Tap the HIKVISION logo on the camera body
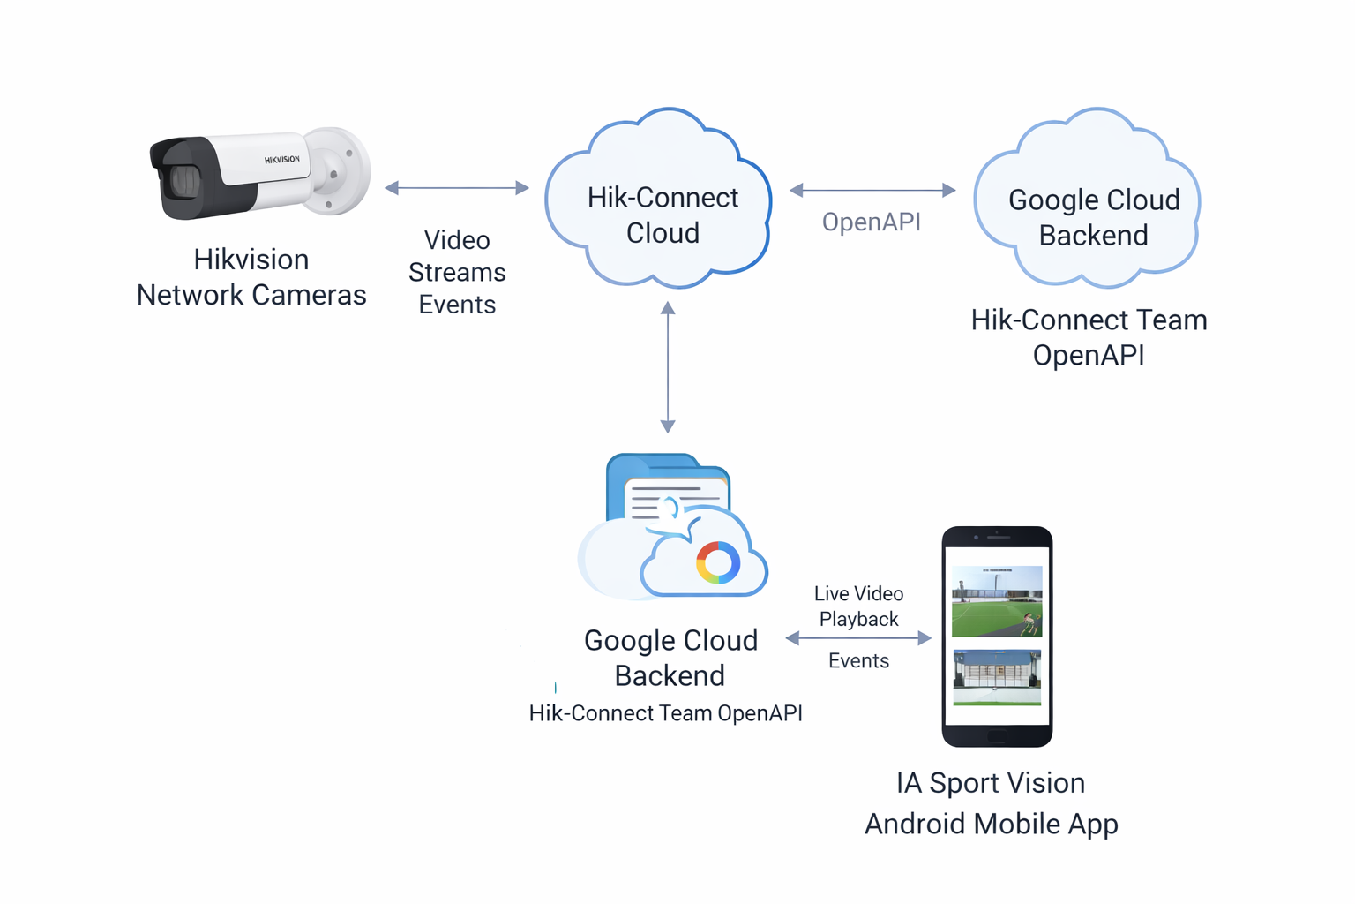(281, 160)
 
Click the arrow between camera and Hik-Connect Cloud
(457, 188)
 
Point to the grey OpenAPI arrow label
(871, 222)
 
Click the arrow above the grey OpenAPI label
(872, 190)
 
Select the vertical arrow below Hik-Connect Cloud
(668, 366)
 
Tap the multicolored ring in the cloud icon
(718, 562)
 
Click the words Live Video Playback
(858, 606)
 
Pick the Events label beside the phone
(858, 661)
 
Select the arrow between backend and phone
(858, 637)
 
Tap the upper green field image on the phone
(997, 602)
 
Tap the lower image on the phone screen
(997, 677)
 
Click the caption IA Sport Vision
(991, 783)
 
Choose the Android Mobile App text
(991, 824)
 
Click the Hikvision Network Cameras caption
(251, 277)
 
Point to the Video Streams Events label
(457, 272)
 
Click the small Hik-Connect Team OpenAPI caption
(665, 713)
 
